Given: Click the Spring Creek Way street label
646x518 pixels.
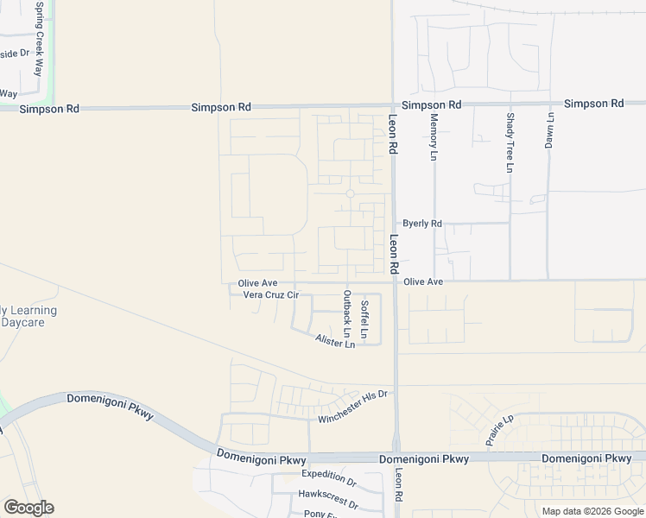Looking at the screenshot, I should pos(38,40).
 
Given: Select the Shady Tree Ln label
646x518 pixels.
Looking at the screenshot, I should pos(510,142).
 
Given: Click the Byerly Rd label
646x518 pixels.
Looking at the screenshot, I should pos(422,224).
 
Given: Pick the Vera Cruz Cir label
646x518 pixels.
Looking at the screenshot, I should pos(270,295).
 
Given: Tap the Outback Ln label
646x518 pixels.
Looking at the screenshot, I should pos(347,313).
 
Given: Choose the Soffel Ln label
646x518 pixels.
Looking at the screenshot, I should pos(365,319).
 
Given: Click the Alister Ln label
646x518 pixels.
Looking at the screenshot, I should pos(335,343).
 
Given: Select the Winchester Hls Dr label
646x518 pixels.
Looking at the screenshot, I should pos(354,407).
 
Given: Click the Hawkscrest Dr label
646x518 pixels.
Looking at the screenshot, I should pos(327,495).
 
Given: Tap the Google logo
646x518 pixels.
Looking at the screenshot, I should pos(28,508).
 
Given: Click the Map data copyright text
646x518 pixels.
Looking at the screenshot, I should pos(592,511).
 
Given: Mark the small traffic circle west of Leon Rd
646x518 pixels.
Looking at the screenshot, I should pos(351,193).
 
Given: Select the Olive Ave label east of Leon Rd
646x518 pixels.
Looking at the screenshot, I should pos(423,282).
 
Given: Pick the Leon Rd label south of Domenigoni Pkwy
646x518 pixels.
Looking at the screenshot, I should pos(398,486).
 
